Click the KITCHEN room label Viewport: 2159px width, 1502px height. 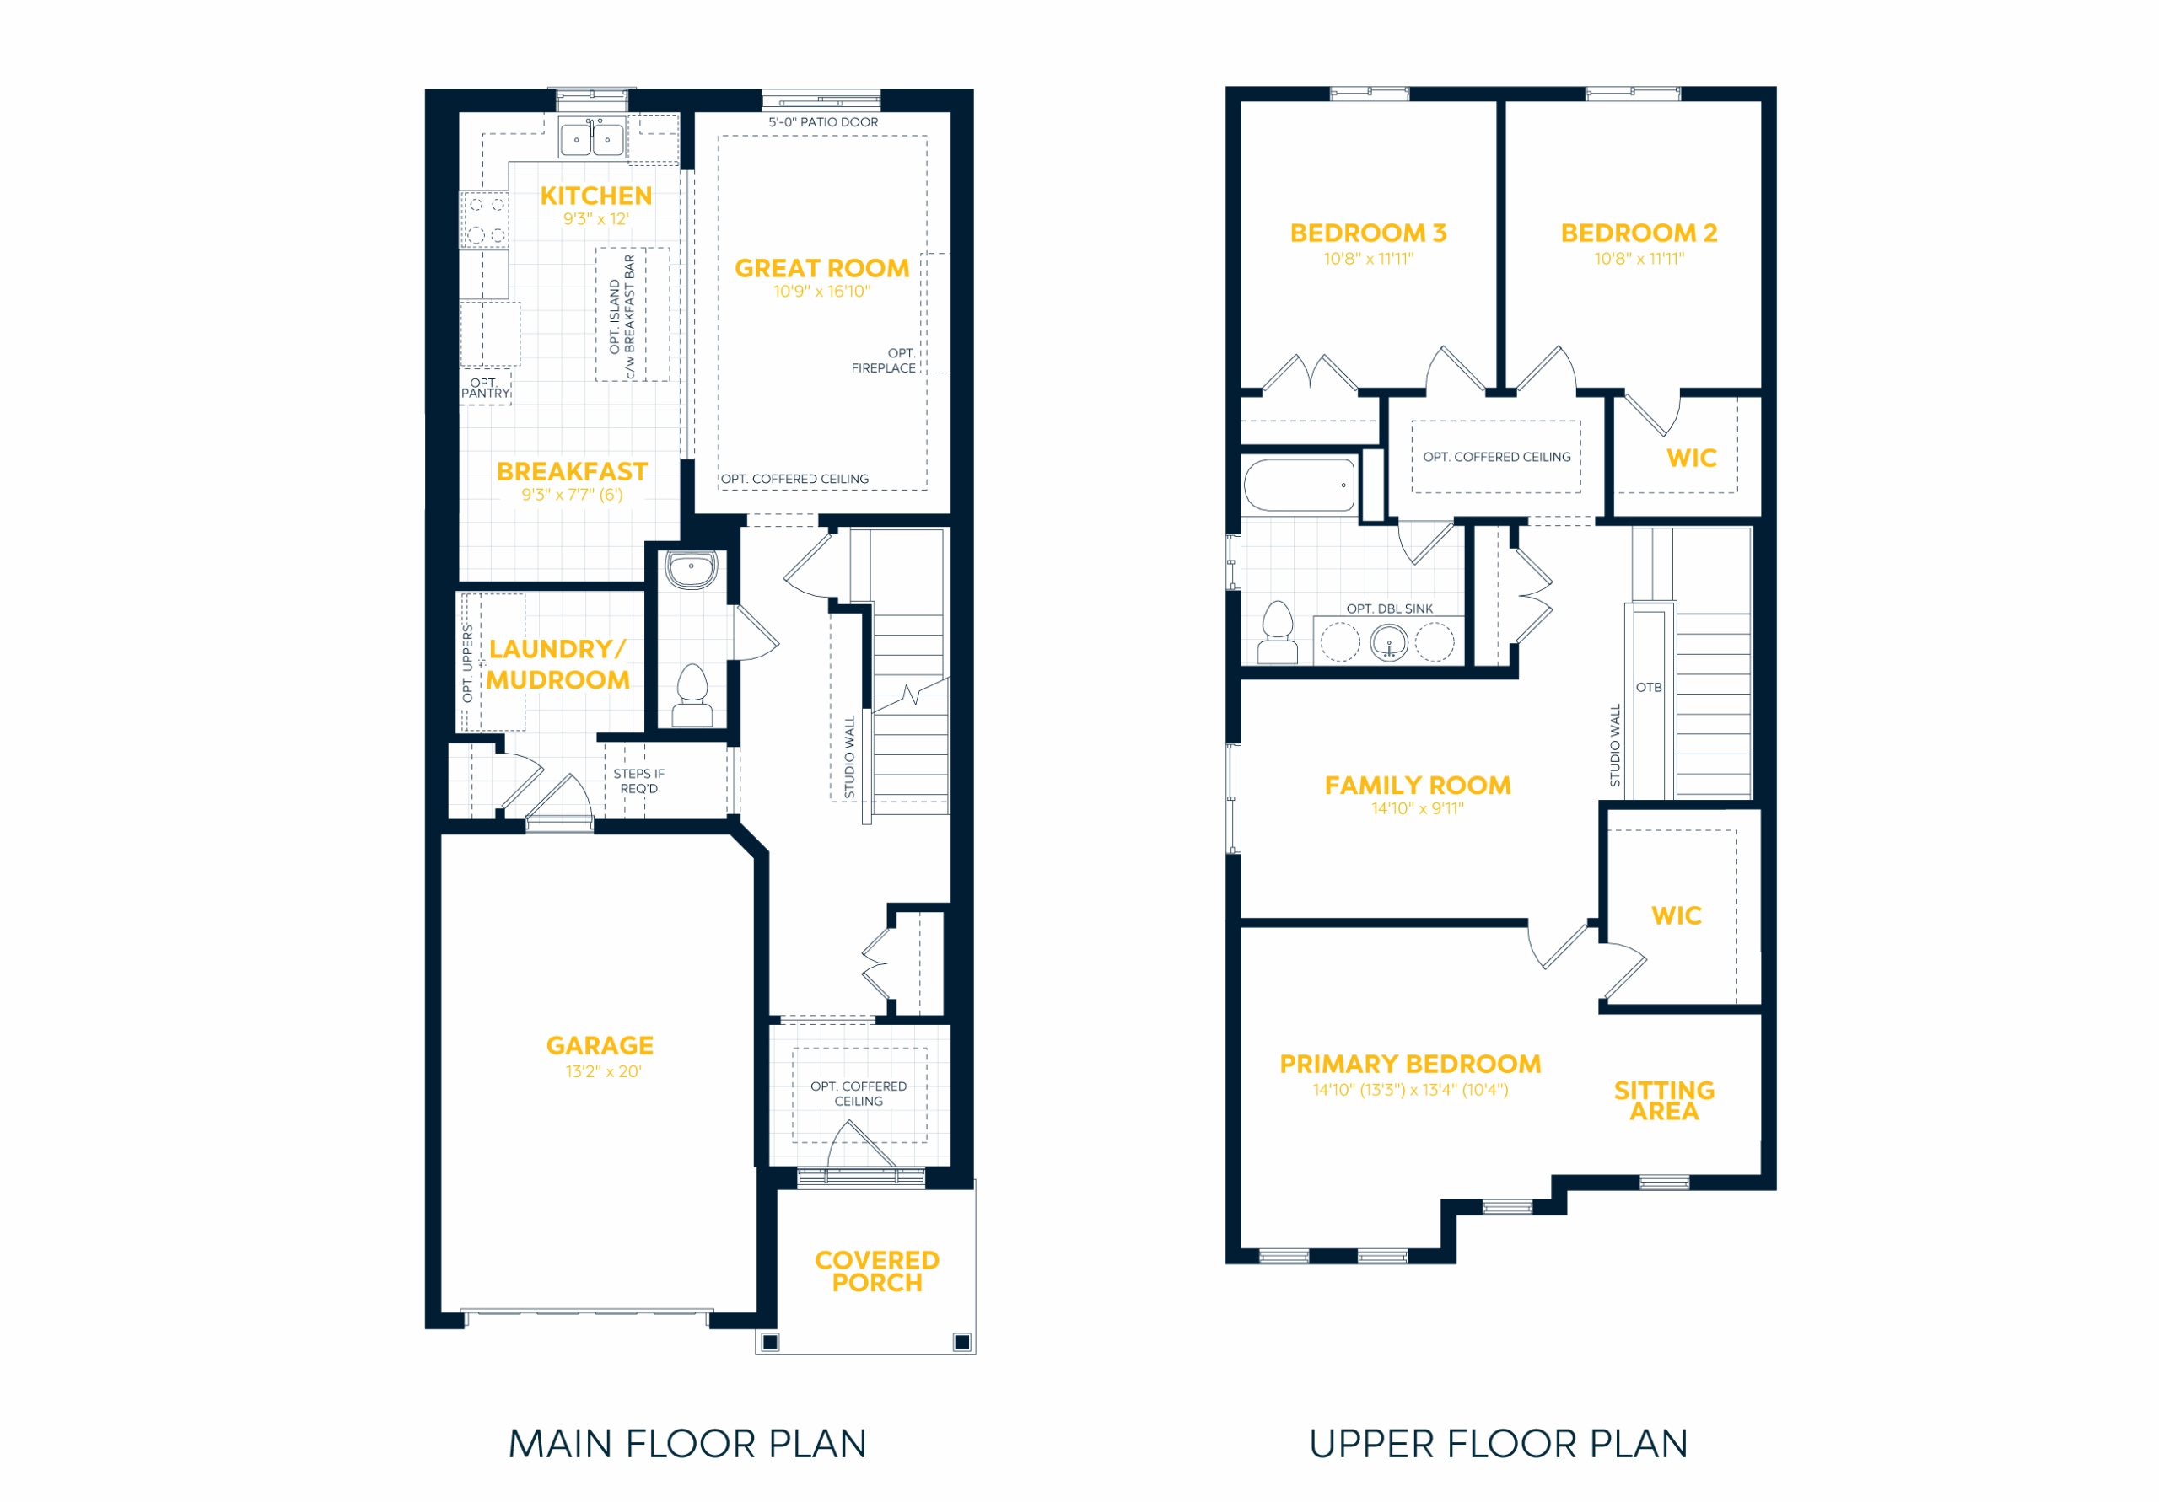tap(596, 196)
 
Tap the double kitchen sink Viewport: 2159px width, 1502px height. tap(591, 138)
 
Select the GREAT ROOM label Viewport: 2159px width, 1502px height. tap(821, 269)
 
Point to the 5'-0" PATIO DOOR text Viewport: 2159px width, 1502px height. tap(824, 122)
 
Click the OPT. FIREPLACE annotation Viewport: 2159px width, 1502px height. tap(884, 361)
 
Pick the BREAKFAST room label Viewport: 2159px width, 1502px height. tap(572, 471)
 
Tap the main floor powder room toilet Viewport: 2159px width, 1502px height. tap(693, 695)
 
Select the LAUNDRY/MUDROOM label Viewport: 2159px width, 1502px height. tap(557, 664)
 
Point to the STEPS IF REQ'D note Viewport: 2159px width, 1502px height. tap(639, 781)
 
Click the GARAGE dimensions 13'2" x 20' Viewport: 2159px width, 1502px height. tap(604, 1071)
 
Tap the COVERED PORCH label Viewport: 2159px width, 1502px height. tap(877, 1272)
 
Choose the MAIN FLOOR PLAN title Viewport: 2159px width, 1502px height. tap(687, 1444)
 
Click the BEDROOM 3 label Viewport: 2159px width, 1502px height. tap(1368, 233)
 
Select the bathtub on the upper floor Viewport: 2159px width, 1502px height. tap(1300, 485)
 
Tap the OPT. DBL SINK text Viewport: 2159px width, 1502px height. tap(1390, 609)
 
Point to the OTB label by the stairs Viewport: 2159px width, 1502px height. tap(1650, 687)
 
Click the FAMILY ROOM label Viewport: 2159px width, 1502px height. tap(1418, 786)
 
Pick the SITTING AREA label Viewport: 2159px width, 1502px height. tap(1665, 1101)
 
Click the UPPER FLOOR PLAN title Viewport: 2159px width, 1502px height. tap(1499, 1444)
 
